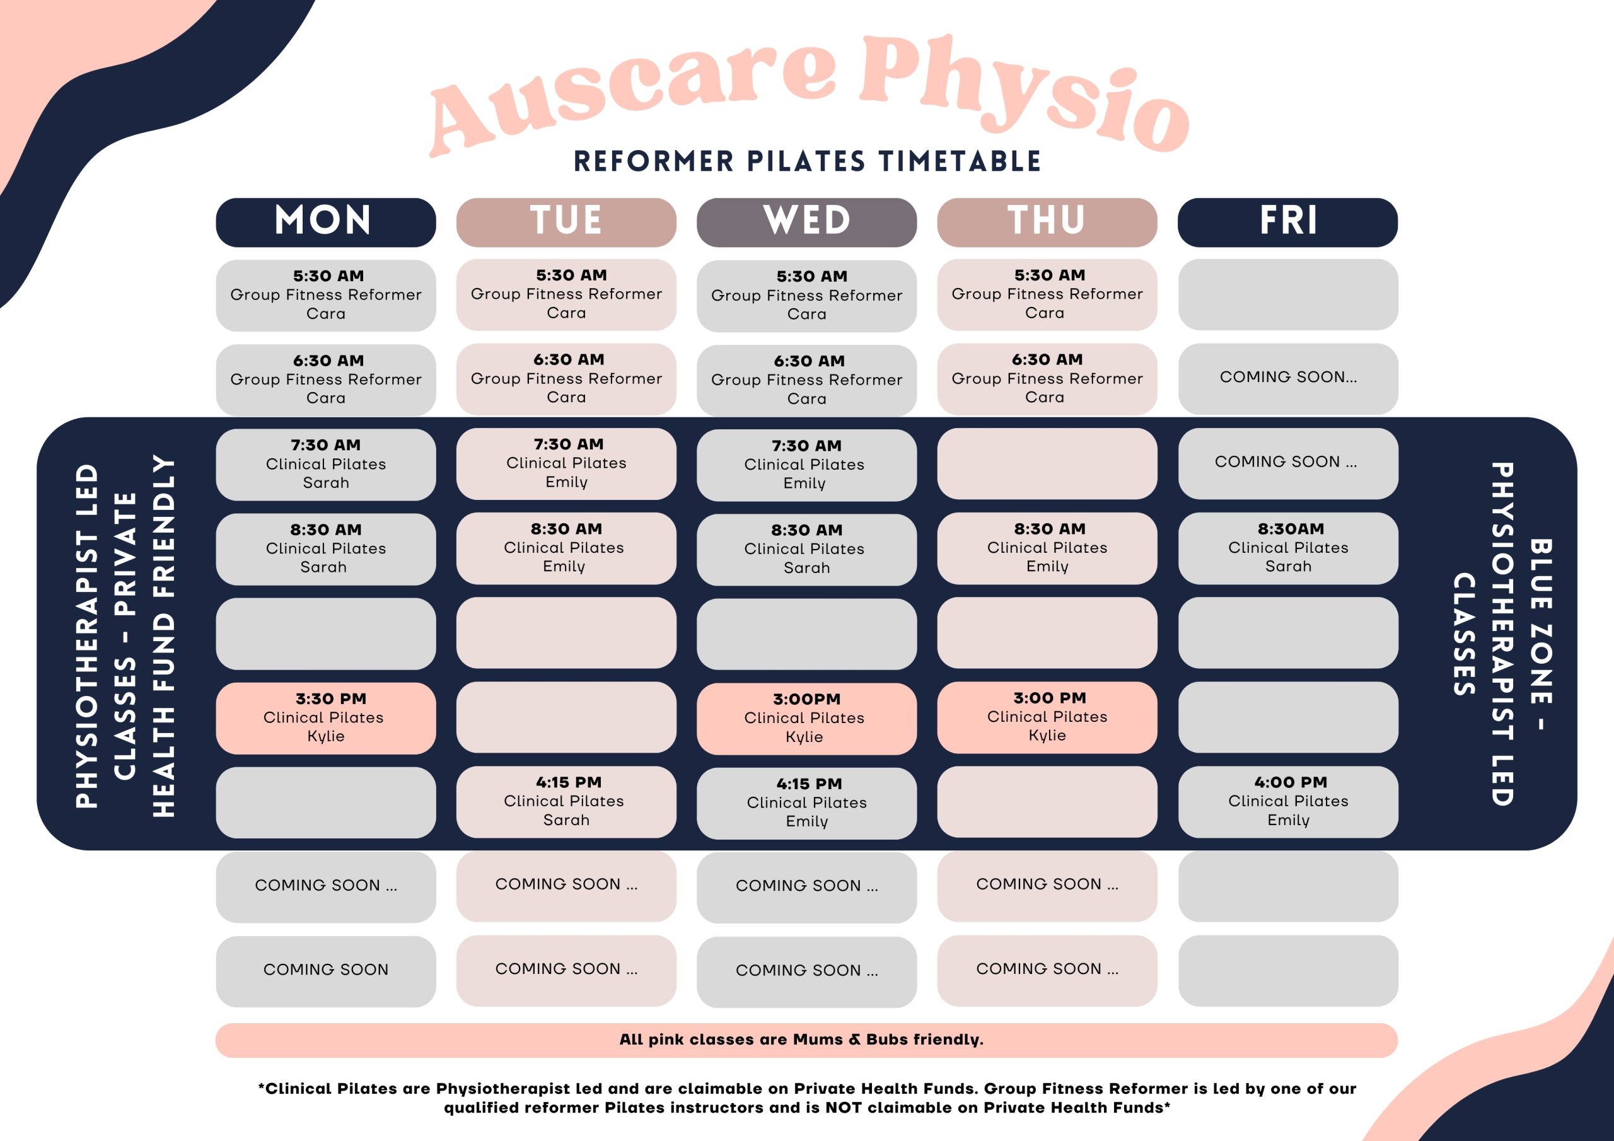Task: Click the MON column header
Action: click(325, 222)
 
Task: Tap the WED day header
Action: click(806, 222)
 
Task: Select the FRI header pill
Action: click(1287, 222)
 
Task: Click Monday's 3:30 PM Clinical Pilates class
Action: click(325, 718)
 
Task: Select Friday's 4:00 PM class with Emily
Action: click(1288, 801)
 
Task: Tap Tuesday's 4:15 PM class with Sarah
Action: click(566, 801)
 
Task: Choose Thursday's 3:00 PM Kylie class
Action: click(1047, 717)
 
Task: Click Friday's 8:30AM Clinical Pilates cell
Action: click(1288, 548)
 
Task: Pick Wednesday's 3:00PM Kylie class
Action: click(806, 719)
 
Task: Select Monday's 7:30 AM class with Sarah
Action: click(325, 464)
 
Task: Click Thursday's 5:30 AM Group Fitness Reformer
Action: click(1047, 294)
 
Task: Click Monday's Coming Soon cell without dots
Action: click(325, 971)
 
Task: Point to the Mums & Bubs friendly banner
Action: click(806, 1040)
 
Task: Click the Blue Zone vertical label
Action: click(1541, 635)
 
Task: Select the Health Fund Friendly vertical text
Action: click(164, 636)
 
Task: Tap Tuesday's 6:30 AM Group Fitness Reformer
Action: click(566, 379)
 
